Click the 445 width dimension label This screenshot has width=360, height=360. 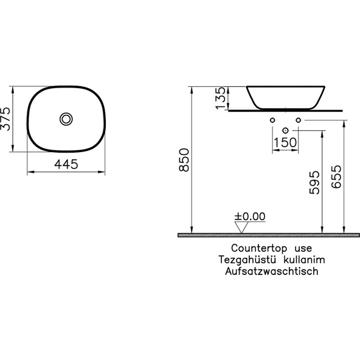[x=66, y=164]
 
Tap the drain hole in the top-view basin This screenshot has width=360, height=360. [x=66, y=118]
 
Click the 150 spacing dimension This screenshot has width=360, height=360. [x=285, y=142]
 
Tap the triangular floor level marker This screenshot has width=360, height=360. [x=243, y=227]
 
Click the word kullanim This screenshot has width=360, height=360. [x=302, y=260]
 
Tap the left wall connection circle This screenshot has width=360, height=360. [x=272, y=120]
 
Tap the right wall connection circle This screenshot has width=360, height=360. [x=298, y=120]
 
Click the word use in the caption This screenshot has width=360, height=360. [x=302, y=248]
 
